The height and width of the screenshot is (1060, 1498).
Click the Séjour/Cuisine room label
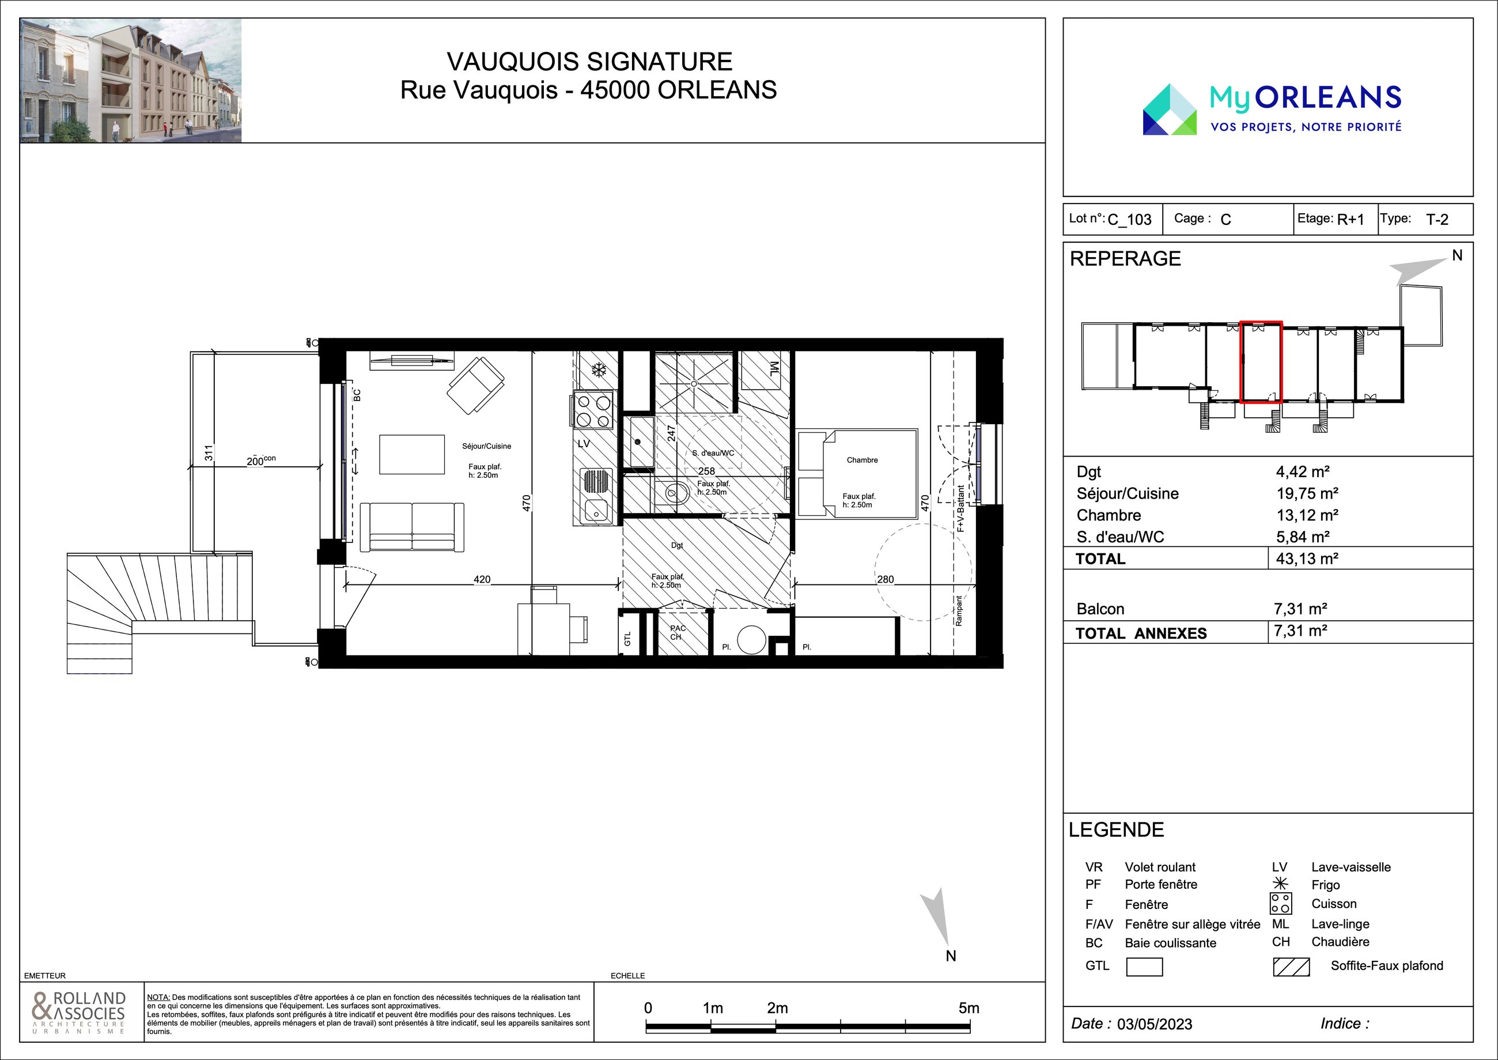(x=486, y=447)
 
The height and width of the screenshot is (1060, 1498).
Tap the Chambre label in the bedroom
(x=862, y=460)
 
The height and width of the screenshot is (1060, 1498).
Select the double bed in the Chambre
(x=857, y=474)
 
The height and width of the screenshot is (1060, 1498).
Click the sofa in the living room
(x=412, y=527)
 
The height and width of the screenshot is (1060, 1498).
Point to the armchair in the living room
(x=476, y=385)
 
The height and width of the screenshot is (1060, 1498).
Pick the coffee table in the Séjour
(x=412, y=454)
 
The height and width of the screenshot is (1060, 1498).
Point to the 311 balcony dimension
(x=209, y=452)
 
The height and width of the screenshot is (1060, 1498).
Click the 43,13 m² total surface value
(x=1307, y=559)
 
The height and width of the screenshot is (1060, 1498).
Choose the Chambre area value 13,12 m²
(x=1307, y=515)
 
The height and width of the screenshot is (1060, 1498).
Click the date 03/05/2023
(x=1154, y=1024)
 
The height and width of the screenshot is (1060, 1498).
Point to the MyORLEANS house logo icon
(x=1170, y=110)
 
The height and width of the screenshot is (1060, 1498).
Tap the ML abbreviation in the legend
(x=1280, y=924)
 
